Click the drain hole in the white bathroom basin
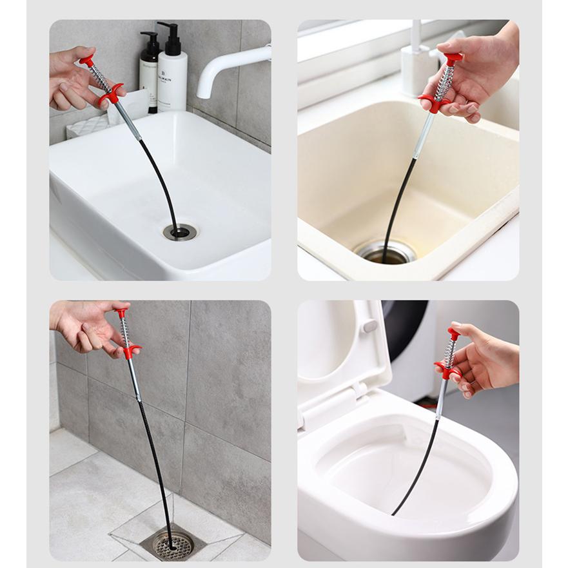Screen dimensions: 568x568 [180, 232]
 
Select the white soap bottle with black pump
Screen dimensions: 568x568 [173, 74]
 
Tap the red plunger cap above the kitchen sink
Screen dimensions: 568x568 [454, 57]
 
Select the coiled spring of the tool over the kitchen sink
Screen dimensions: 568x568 [444, 83]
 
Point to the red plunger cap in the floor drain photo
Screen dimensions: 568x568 [121, 313]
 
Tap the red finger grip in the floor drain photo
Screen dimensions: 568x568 [131, 351]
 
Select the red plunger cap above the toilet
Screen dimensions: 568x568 [455, 333]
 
